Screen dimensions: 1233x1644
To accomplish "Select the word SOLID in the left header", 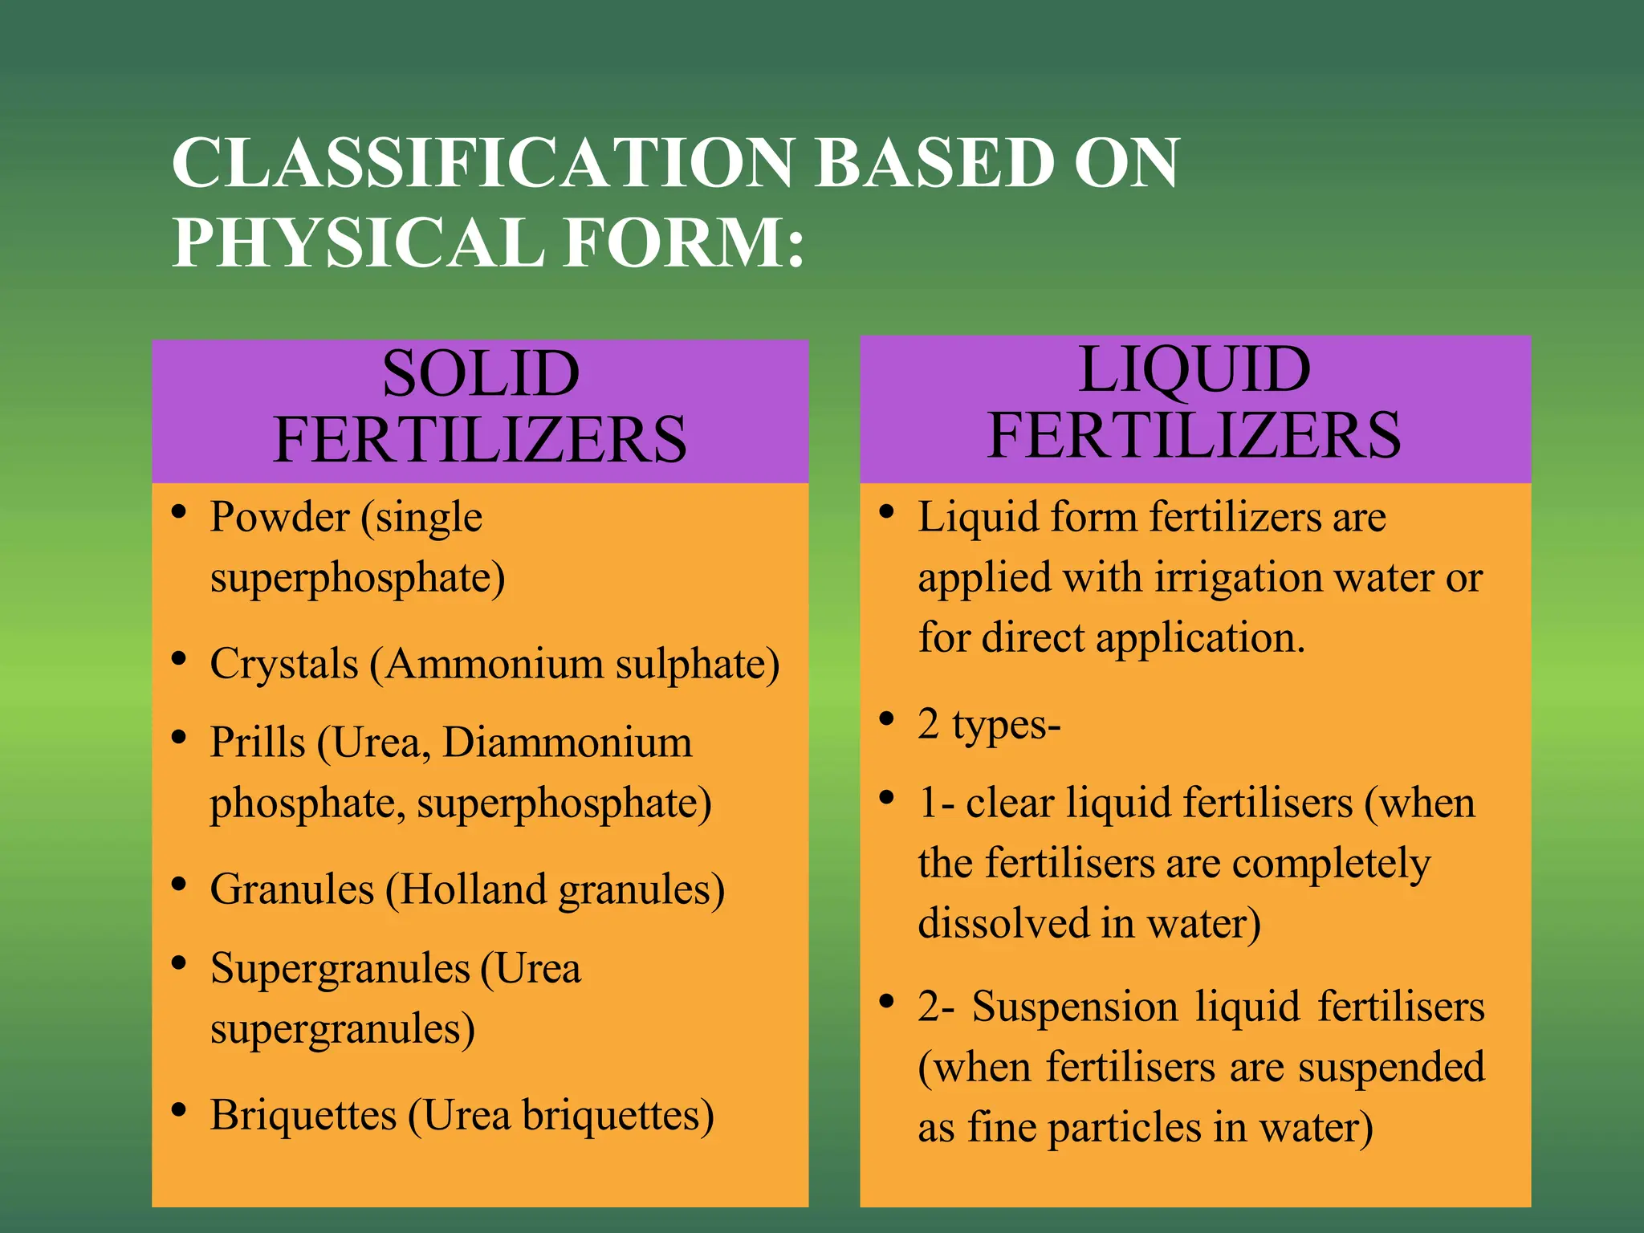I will click(480, 374).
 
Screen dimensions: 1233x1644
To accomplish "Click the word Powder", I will click(279, 517).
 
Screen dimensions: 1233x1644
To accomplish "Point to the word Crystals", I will click(283, 665).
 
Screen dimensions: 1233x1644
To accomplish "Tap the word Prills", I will click(257, 743).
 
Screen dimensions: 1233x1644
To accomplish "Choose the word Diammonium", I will click(567, 743).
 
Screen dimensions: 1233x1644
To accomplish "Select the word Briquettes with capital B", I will click(303, 1116).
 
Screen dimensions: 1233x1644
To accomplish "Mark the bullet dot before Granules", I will click(180, 885).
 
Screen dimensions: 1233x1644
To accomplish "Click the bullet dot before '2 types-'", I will click(887, 719).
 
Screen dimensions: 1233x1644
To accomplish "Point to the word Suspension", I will click(1074, 1007).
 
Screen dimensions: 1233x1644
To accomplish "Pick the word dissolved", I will click(1001, 924).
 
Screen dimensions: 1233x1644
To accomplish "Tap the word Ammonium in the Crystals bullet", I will click(494, 665).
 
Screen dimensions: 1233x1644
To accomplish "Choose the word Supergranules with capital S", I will click(340, 969).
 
